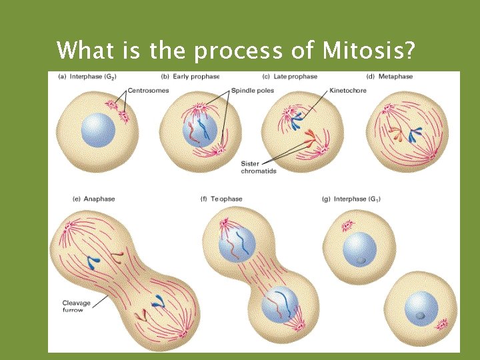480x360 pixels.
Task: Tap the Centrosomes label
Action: coord(149,90)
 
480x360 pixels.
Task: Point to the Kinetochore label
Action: coord(347,90)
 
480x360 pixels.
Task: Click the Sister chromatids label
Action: coord(259,167)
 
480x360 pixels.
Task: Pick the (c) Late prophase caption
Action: coord(291,77)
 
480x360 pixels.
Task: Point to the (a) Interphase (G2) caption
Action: coord(86,77)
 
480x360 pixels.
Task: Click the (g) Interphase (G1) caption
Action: coord(351,199)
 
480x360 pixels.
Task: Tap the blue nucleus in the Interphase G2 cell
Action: coord(98,129)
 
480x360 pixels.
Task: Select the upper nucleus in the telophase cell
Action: coord(238,245)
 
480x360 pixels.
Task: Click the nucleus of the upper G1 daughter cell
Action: coord(359,249)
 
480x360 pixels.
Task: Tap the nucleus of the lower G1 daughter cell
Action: coord(421,308)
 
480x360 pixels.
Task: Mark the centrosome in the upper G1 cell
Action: coord(347,227)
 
